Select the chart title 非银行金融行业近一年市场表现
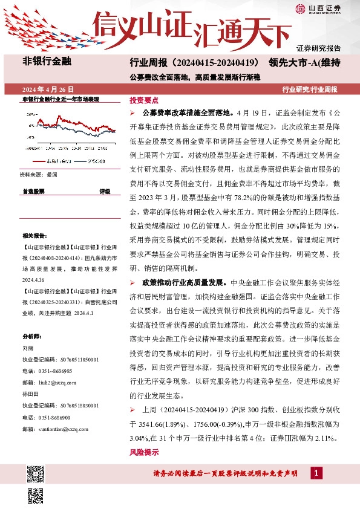(x=61, y=99)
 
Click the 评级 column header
(x=105, y=191)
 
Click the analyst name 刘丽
(x=27, y=348)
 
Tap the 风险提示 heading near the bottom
(x=144, y=452)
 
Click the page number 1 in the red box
(x=315, y=473)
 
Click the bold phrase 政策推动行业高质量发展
(x=183, y=282)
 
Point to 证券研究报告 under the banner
(x=318, y=48)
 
